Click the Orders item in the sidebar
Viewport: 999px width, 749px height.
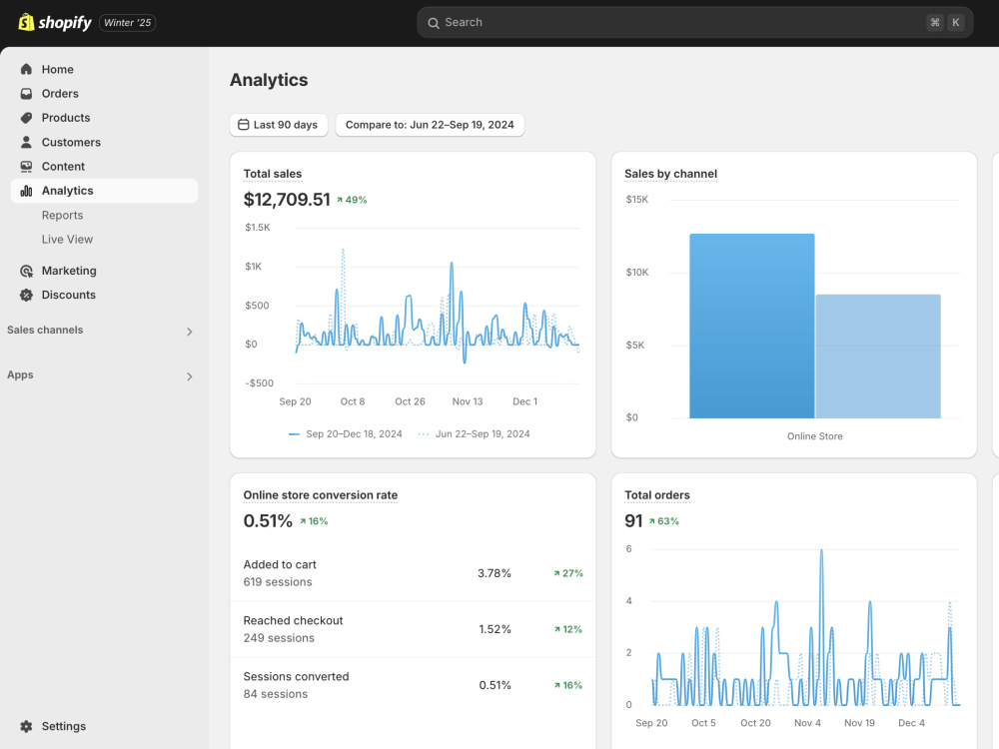60,94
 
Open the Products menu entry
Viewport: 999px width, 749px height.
66,118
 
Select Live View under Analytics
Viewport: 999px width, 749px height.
68,240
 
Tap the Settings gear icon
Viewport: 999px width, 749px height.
26,726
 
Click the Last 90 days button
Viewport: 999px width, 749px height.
279,125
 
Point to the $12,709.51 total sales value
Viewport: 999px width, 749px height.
287,200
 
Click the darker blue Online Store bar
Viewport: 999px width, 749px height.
752,327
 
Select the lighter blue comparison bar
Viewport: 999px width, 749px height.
878,357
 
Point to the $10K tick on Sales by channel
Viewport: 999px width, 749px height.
637,273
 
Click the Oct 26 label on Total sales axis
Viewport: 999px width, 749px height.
410,401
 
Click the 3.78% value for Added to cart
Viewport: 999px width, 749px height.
495,573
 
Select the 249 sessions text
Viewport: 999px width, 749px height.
279,638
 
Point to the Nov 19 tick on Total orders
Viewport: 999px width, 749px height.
859,723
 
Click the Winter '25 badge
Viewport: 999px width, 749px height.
128,23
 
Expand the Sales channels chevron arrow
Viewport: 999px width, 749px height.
189,332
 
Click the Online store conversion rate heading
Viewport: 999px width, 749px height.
321,495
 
